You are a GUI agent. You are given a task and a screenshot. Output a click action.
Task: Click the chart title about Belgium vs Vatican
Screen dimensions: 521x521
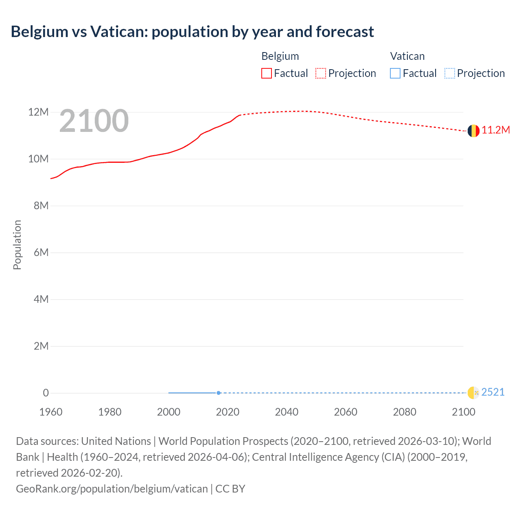click(192, 32)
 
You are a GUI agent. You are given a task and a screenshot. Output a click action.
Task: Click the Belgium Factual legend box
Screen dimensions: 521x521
click(266, 73)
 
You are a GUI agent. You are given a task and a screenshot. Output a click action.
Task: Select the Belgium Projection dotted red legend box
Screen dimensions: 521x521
click(321, 73)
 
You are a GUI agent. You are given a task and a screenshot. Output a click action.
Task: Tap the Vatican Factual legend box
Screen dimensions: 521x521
click(395, 73)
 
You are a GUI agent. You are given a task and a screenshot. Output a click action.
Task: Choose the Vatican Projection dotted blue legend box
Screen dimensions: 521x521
click(449, 73)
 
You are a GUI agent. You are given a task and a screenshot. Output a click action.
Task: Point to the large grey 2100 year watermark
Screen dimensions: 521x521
click(94, 121)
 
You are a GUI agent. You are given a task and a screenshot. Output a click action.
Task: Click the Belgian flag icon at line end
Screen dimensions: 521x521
click(473, 131)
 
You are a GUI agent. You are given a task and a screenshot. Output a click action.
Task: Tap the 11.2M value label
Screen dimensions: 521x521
click(495, 130)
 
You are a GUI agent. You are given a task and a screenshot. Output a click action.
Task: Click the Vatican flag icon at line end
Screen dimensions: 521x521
click(473, 393)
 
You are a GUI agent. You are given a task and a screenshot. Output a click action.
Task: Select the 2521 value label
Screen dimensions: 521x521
click(493, 392)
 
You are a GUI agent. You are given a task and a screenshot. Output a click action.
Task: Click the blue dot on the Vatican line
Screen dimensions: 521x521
click(219, 393)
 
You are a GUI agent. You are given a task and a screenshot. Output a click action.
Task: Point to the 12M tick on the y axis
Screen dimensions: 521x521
click(38, 112)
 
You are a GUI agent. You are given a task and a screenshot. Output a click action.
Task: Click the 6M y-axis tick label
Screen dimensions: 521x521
click(41, 252)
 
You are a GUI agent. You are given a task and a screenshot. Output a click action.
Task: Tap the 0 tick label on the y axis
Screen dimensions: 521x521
click(46, 393)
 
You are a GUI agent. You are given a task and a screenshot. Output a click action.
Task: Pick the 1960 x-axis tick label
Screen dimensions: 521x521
click(51, 412)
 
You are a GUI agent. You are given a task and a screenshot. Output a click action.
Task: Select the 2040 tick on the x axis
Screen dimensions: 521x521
click(287, 412)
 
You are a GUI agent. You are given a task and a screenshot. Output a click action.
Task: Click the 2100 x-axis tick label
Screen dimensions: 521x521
click(463, 412)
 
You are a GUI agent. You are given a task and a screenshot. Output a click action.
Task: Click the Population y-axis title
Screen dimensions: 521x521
click(17, 245)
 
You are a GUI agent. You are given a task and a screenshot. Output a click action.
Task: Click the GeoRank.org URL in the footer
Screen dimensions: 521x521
click(112, 489)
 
